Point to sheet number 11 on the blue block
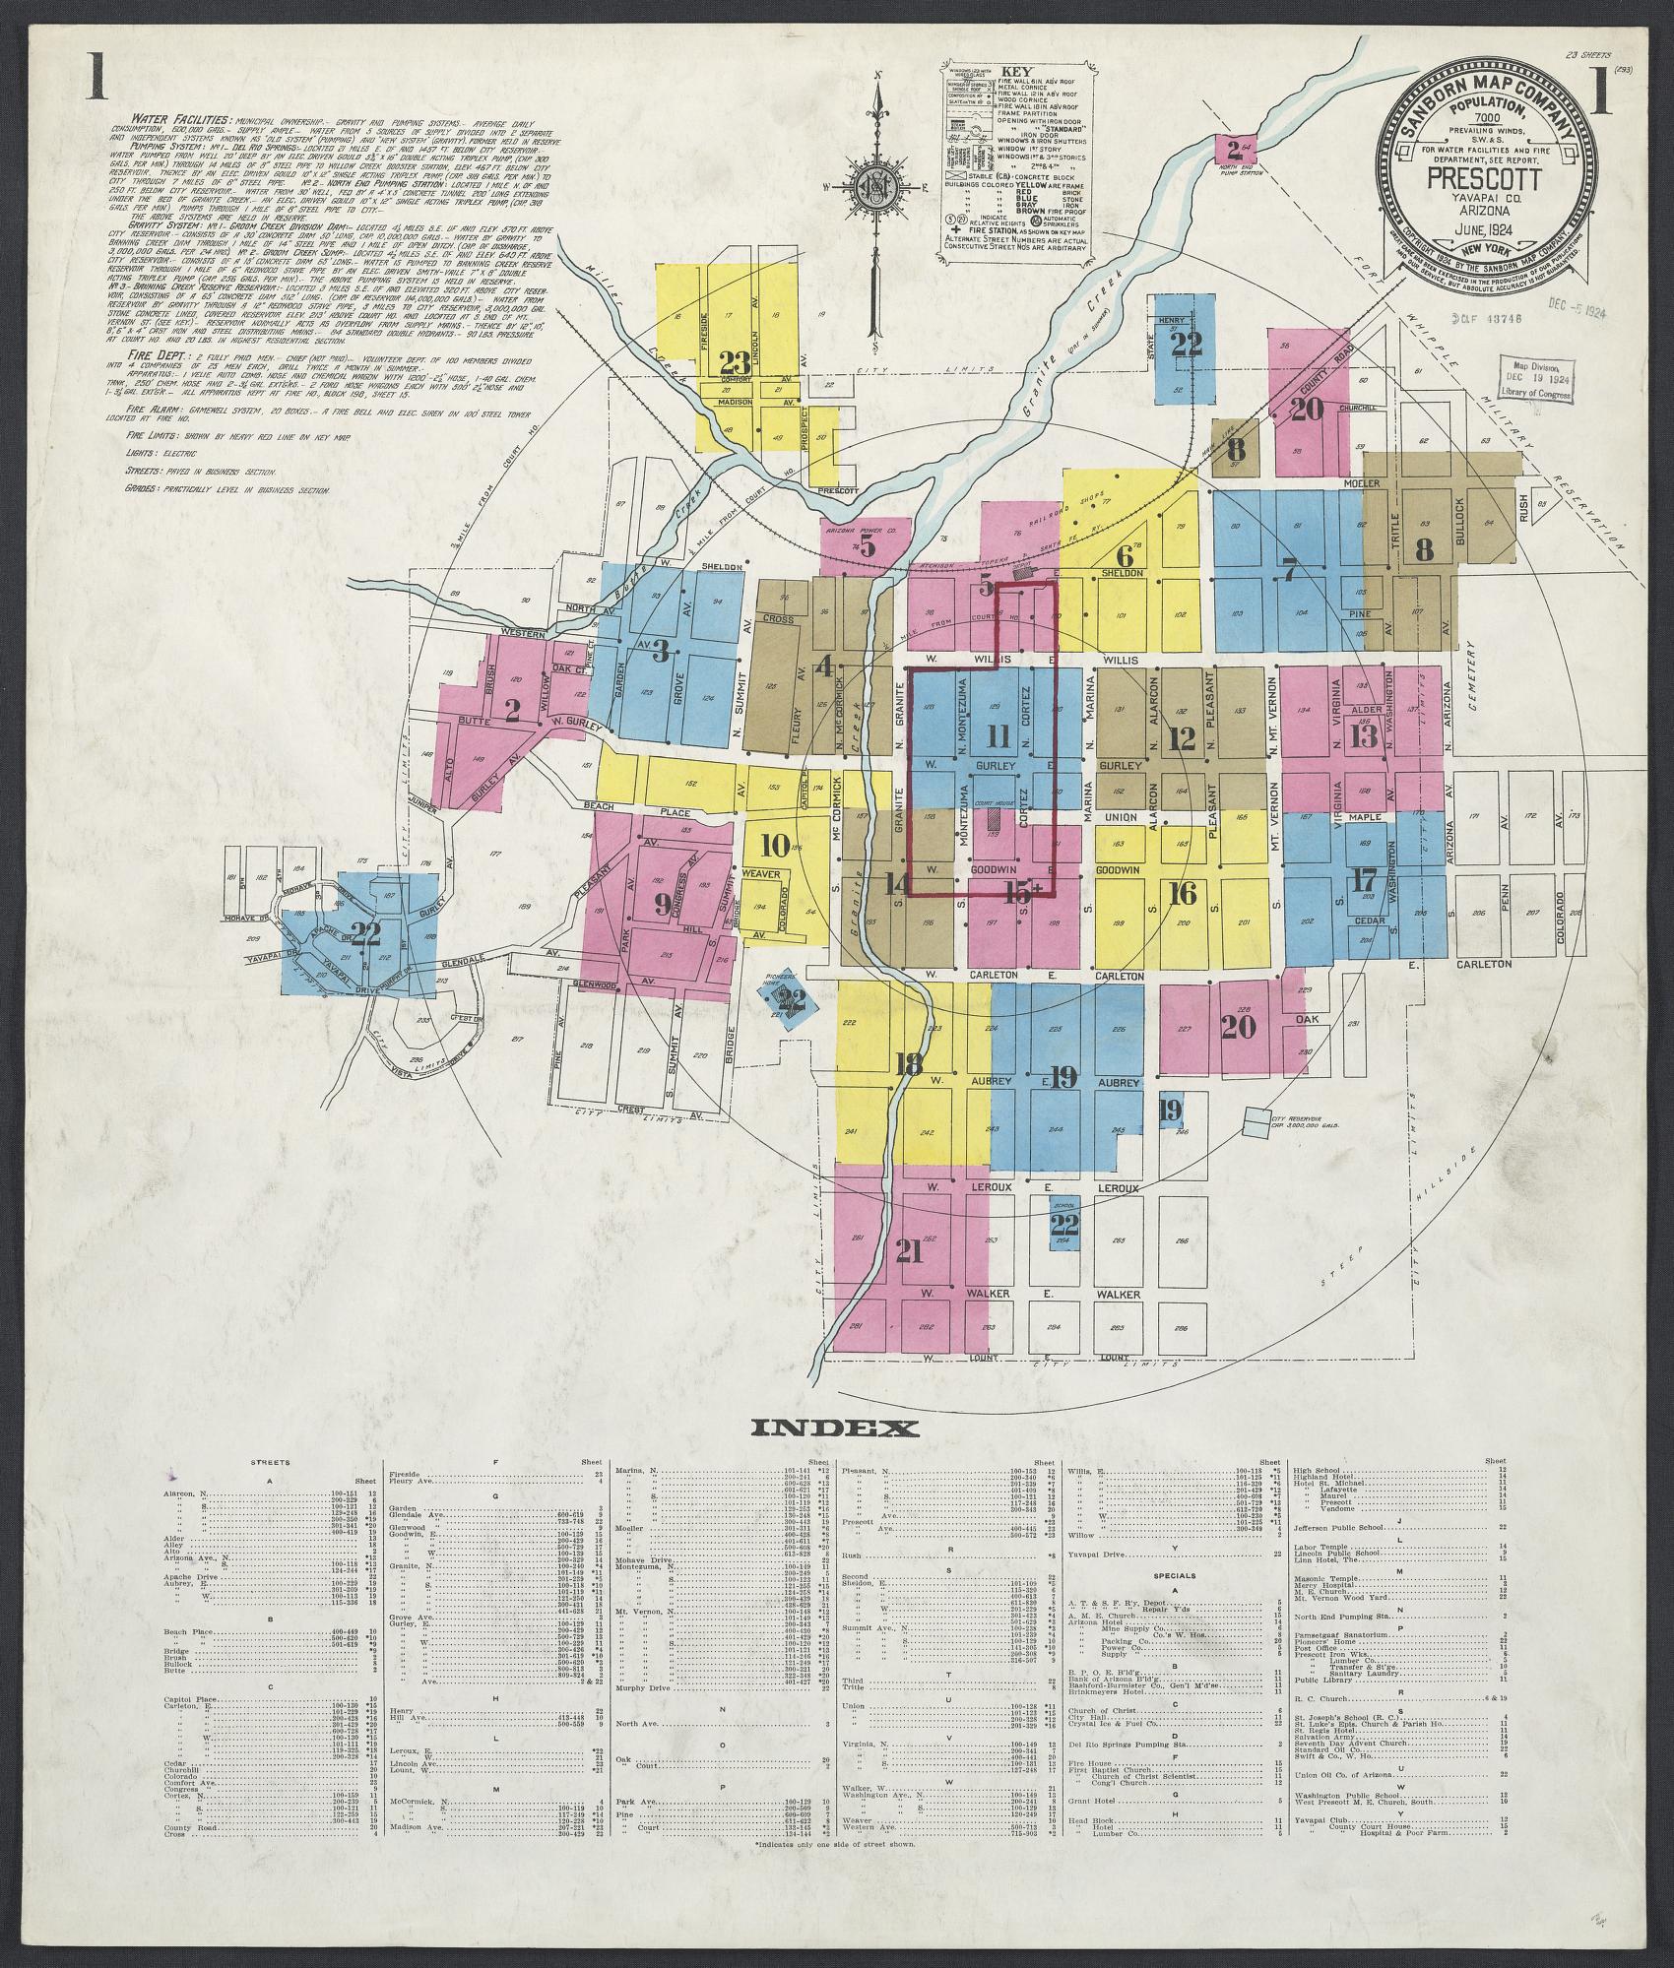[x=998, y=735]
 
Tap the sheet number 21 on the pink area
[x=909, y=1250]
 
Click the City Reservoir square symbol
[x=1255, y=1121]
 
